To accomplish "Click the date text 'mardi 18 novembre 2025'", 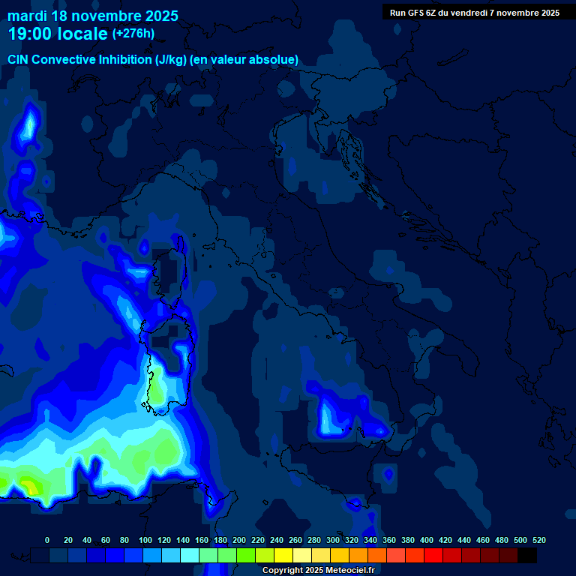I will [93, 16].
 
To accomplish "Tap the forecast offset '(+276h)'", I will [133, 34].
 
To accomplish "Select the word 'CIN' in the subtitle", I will [18, 60].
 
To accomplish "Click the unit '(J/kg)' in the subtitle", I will [170, 60].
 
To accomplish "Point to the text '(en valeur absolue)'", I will [244, 60].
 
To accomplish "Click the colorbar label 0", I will [47, 540].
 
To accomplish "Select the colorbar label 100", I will [145, 540].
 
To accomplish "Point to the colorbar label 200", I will [239, 540].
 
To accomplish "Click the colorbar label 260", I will [295, 540].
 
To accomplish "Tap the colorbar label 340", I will [370, 540].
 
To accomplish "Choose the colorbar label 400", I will [427, 540].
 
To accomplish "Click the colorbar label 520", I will [539, 540].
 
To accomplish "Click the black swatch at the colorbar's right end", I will [527, 555].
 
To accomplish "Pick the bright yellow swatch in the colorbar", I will [283, 555].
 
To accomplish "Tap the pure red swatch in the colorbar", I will [433, 555].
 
